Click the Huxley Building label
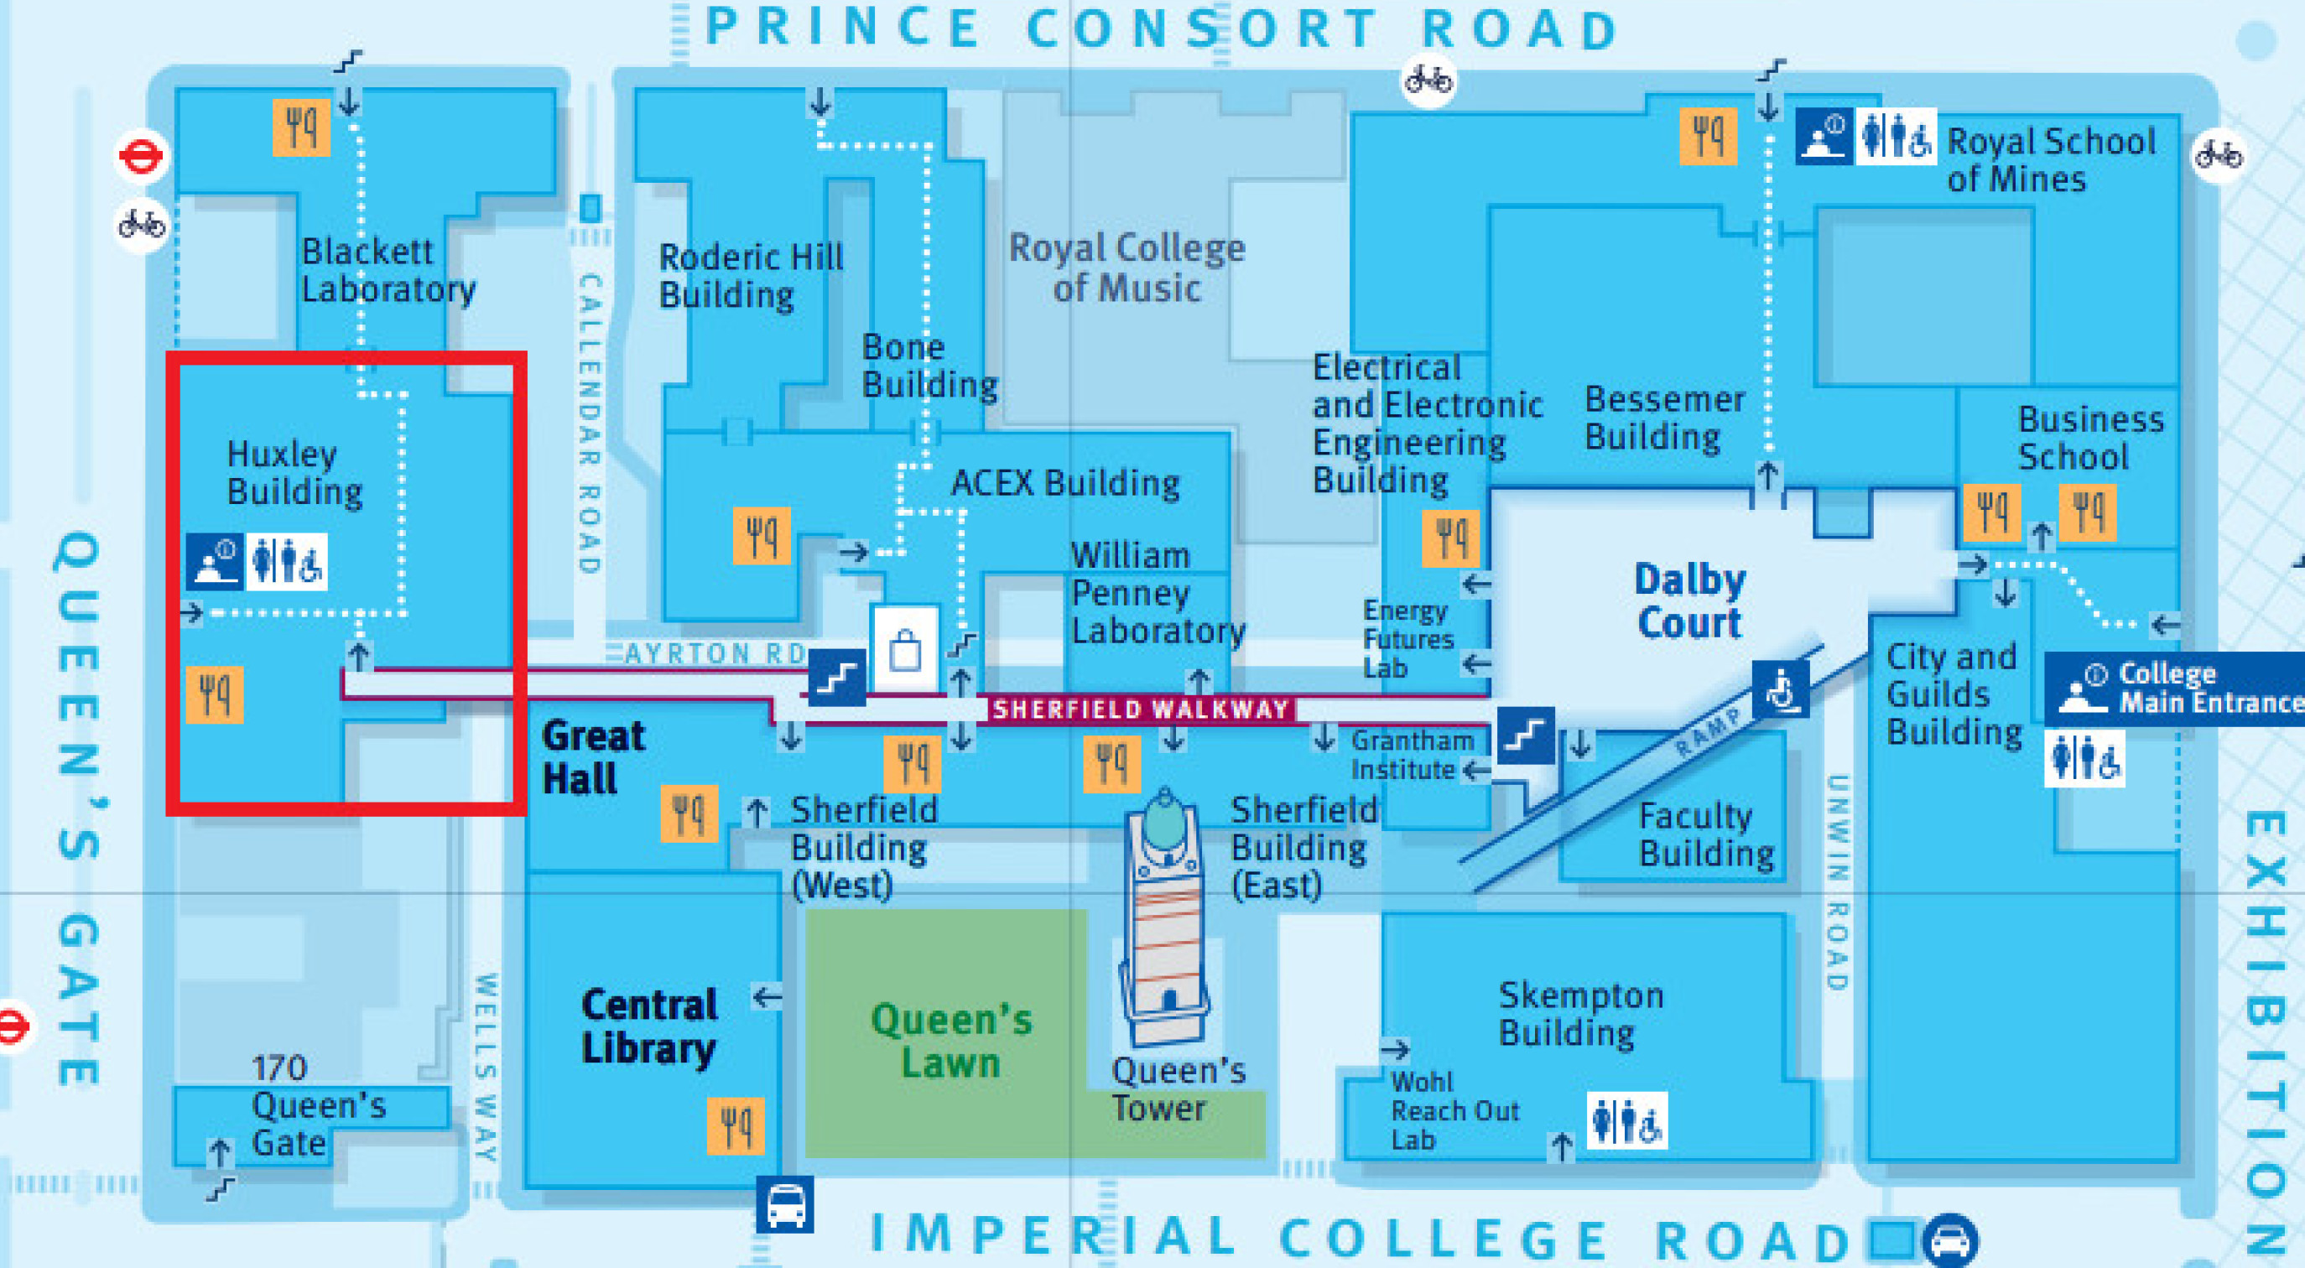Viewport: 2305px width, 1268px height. [294, 472]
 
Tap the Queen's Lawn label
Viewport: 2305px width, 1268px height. [951, 1042]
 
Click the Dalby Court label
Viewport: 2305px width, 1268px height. [1689, 601]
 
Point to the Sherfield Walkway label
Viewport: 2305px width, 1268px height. [1140, 709]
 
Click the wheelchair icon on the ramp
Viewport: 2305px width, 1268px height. [1781, 689]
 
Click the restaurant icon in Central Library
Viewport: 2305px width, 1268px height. [736, 1125]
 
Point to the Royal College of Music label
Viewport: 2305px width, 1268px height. [1126, 268]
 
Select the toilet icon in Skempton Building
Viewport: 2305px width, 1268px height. [1626, 1120]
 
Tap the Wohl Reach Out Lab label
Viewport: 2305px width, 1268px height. [1454, 1110]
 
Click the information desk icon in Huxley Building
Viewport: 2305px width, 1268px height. [215, 562]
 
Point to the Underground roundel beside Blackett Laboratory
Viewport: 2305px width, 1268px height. [140, 158]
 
